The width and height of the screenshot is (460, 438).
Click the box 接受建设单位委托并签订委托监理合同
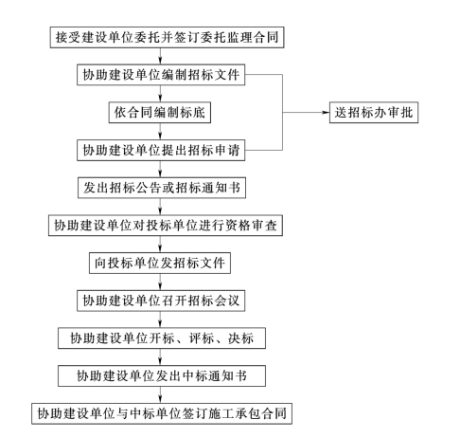click(x=167, y=37)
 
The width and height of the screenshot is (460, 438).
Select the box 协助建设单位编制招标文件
click(x=161, y=75)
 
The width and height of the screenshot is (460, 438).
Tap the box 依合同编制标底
click(x=160, y=112)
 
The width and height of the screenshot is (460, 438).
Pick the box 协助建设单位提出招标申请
click(x=161, y=150)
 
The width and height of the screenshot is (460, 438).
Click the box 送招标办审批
click(x=374, y=112)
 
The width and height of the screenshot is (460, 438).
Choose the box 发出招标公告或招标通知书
click(x=162, y=188)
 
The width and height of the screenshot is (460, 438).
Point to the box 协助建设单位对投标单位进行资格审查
click(x=166, y=226)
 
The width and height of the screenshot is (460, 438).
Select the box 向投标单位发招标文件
click(x=160, y=263)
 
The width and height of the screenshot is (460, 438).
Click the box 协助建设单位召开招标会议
click(x=161, y=301)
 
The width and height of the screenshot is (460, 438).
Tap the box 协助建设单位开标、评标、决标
click(x=162, y=338)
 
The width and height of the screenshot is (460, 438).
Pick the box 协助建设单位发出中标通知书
click(x=162, y=375)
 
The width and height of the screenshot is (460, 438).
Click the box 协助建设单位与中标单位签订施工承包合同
click(x=162, y=413)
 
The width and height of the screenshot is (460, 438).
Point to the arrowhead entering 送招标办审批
click(x=327, y=112)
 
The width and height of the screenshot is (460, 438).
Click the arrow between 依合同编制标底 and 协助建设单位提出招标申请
click(x=160, y=131)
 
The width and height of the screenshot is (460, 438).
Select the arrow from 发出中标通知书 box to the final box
click(x=160, y=394)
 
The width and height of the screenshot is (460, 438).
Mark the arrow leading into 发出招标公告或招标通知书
click(x=160, y=169)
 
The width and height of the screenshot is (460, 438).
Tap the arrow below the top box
click(x=160, y=56)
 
